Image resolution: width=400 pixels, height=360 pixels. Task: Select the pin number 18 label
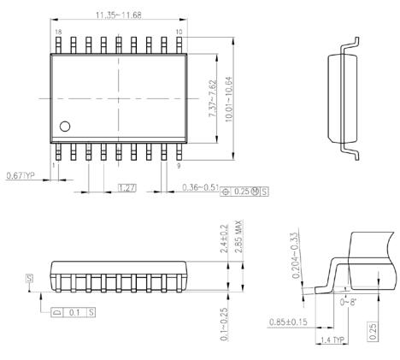[x=58, y=32]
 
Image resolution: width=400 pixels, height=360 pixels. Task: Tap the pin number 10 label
[x=178, y=32]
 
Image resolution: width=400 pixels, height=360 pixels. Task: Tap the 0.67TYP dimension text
[x=19, y=176]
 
